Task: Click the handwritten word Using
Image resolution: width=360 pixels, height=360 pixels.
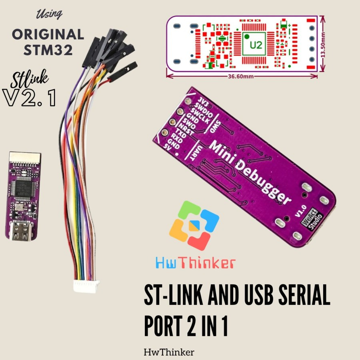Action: [50, 14]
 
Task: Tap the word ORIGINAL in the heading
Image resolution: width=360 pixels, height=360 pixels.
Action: [48, 34]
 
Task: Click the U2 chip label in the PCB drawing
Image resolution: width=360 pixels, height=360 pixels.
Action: [256, 45]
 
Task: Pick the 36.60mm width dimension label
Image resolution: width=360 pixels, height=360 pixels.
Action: [242, 76]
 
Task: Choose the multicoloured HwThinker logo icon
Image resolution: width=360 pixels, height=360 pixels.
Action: [194, 226]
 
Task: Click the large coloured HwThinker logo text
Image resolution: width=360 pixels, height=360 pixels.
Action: [194, 263]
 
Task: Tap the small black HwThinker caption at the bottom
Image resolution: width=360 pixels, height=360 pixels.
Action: [169, 352]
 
